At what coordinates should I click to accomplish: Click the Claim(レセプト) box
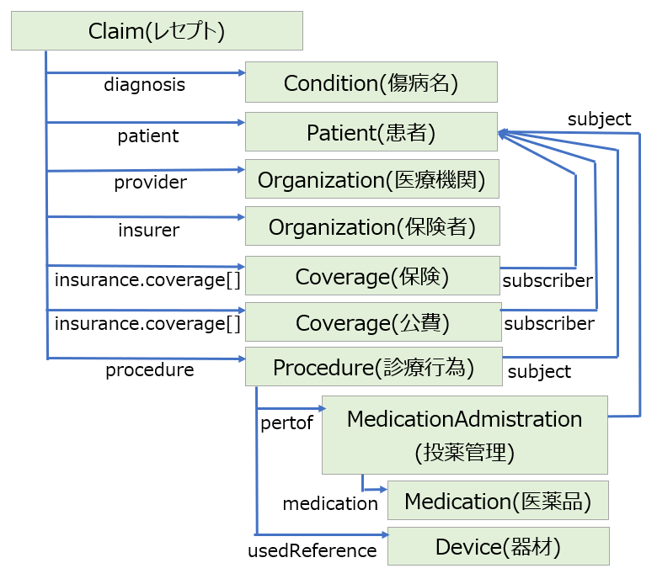click(158, 31)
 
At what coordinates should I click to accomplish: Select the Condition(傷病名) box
click(371, 82)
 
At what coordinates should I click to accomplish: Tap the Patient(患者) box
click(371, 131)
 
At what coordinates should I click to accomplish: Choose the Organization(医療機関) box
click(372, 178)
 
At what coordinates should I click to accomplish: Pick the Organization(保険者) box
click(372, 226)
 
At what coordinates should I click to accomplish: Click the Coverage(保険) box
click(372, 275)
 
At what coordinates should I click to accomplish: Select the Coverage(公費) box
click(373, 322)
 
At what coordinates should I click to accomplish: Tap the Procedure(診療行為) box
click(374, 366)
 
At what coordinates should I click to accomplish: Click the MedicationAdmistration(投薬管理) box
click(465, 435)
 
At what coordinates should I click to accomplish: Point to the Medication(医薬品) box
click(498, 500)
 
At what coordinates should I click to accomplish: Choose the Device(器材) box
click(499, 546)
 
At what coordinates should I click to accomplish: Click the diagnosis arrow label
click(145, 85)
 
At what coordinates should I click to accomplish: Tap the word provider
click(151, 183)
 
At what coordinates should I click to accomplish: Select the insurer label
click(149, 230)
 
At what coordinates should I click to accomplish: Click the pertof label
click(286, 423)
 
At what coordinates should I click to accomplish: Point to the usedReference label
click(312, 550)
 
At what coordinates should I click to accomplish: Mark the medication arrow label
click(330, 503)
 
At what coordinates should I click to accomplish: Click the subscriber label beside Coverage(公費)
click(549, 324)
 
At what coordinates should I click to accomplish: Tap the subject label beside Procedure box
click(539, 372)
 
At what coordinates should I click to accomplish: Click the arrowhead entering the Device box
click(385, 534)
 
